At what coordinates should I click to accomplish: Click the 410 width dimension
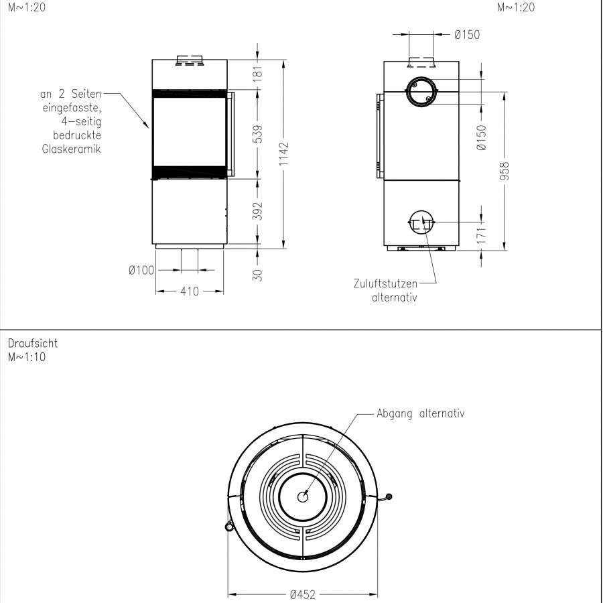point(190,291)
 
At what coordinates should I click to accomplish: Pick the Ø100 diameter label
point(141,270)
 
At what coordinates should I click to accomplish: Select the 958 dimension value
point(505,171)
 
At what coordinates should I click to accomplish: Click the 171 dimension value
point(482,234)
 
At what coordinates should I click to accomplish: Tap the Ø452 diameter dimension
point(303,594)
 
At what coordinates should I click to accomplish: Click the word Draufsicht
point(33,343)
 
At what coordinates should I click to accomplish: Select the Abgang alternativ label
point(421,413)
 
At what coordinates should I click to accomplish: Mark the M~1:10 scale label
point(27,356)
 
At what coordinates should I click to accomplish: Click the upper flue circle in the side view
point(421,91)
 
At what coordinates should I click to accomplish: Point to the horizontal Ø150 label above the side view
point(466,34)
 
